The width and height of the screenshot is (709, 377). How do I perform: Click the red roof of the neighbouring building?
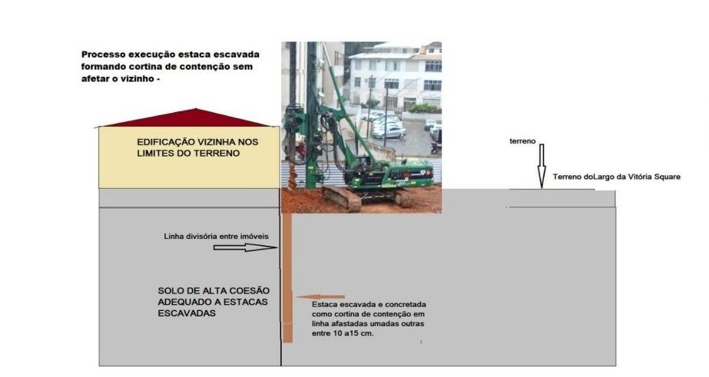tap(190, 118)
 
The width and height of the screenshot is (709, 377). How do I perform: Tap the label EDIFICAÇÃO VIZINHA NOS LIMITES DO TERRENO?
tap(197, 147)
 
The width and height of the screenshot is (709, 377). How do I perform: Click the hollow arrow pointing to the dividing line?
tap(245, 247)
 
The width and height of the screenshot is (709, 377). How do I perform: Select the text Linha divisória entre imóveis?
tap(216, 236)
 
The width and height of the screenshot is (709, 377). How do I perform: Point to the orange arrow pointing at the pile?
tap(320, 297)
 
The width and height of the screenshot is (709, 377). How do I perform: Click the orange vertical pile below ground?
tap(287, 277)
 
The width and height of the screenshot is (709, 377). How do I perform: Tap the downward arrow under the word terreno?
tap(542, 165)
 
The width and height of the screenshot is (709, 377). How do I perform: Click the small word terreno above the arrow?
tap(522, 141)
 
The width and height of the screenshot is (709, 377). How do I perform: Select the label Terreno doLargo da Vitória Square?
tap(617, 177)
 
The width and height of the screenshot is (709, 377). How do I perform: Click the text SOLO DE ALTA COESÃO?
tap(214, 291)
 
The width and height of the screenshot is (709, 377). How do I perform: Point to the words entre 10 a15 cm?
tap(343, 333)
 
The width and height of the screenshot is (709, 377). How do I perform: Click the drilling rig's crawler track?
tap(342, 199)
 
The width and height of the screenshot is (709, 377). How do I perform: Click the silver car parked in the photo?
tap(389, 131)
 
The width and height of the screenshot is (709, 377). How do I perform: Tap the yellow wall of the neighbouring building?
tap(189, 157)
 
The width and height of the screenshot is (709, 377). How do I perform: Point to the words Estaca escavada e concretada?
tap(369, 305)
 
